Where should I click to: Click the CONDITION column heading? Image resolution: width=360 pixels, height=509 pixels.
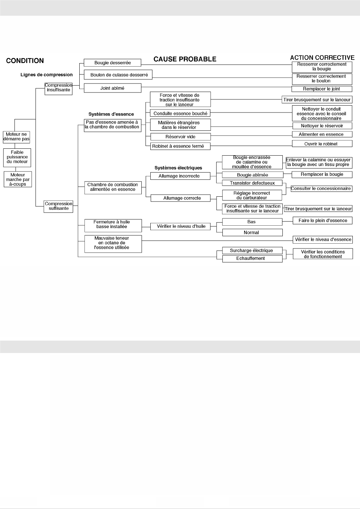[25, 61]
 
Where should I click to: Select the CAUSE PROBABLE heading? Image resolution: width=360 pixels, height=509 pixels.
[185, 59]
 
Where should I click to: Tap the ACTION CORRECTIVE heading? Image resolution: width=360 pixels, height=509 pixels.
[322, 58]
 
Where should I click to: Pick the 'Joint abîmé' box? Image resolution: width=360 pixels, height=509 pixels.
[112, 88]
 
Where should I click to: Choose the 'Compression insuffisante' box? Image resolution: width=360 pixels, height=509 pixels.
[58, 88]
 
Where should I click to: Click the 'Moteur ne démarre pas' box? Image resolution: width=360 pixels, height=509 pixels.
[16, 137]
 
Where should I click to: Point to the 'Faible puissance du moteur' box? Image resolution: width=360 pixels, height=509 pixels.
[17, 157]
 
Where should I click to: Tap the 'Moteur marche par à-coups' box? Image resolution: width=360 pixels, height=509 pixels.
[18, 179]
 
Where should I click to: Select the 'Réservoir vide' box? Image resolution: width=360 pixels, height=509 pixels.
[180, 137]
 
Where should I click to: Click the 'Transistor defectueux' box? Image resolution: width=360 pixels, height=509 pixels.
[252, 183]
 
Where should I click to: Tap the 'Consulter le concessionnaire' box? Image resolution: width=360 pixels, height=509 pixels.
[321, 188]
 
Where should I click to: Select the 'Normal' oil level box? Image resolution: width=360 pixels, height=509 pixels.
[252, 233]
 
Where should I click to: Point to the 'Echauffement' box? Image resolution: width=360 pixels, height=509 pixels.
[252, 258]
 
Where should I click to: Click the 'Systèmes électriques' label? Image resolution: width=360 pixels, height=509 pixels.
[178, 168]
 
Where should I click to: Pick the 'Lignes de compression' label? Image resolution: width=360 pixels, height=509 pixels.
[47, 75]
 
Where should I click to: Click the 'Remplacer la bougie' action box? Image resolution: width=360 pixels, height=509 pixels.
[322, 174]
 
